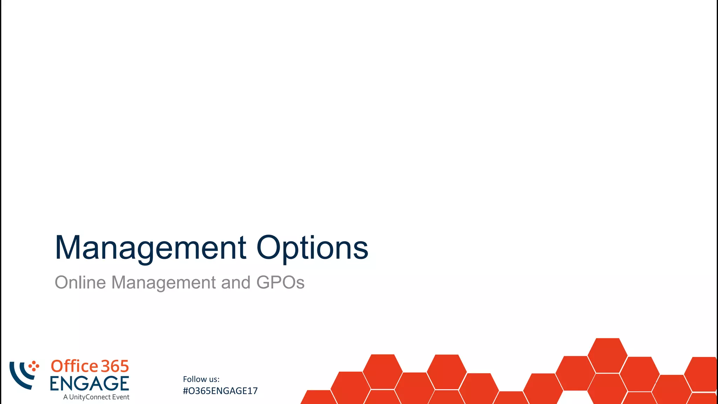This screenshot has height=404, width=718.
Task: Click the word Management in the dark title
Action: [150, 248]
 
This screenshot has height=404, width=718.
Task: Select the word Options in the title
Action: [312, 248]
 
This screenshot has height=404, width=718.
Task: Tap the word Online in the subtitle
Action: [80, 282]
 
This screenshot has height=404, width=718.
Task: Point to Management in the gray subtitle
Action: [163, 282]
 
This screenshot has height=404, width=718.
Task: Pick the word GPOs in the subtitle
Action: [280, 282]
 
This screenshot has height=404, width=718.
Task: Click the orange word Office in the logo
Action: [74, 366]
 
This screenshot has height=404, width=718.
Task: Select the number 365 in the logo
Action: [115, 366]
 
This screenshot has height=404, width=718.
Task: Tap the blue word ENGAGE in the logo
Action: [89, 383]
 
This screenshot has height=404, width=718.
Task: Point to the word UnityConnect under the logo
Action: [90, 397]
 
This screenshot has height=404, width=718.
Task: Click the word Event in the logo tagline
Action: [121, 397]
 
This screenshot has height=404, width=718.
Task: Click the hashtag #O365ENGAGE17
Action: [220, 391]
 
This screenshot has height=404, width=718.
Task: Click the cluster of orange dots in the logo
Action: [34, 366]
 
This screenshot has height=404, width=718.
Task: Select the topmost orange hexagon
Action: [607, 355]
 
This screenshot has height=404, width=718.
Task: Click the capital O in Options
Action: [269, 248]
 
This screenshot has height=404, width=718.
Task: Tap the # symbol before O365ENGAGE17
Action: [185, 391]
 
